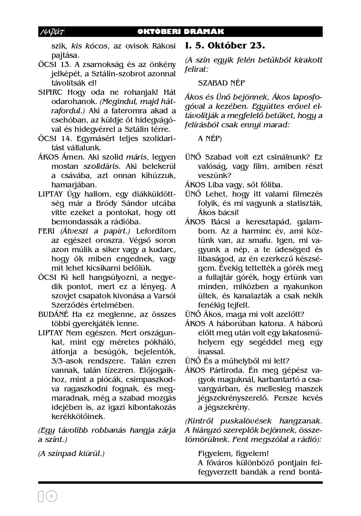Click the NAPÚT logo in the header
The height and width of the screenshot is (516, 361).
pyautogui.click(x=51, y=32)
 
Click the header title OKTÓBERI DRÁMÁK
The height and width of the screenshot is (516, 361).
pyautogui.click(x=181, y=32)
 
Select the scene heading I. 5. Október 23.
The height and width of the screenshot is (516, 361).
pyautogui.click(x=225, y=46)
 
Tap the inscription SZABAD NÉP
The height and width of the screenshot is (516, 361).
pyautogui.click(x=221, y=83)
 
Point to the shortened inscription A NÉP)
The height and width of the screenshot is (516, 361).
pyautogui.click(x=210, y=138)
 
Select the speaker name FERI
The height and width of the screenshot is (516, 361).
pyautogui.click(x=47, y=231)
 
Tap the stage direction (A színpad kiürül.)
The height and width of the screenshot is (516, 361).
pyautogui.click(x=71, y=453)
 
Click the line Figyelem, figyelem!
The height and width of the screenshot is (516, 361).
pyautogui.click(x=233, y=453)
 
